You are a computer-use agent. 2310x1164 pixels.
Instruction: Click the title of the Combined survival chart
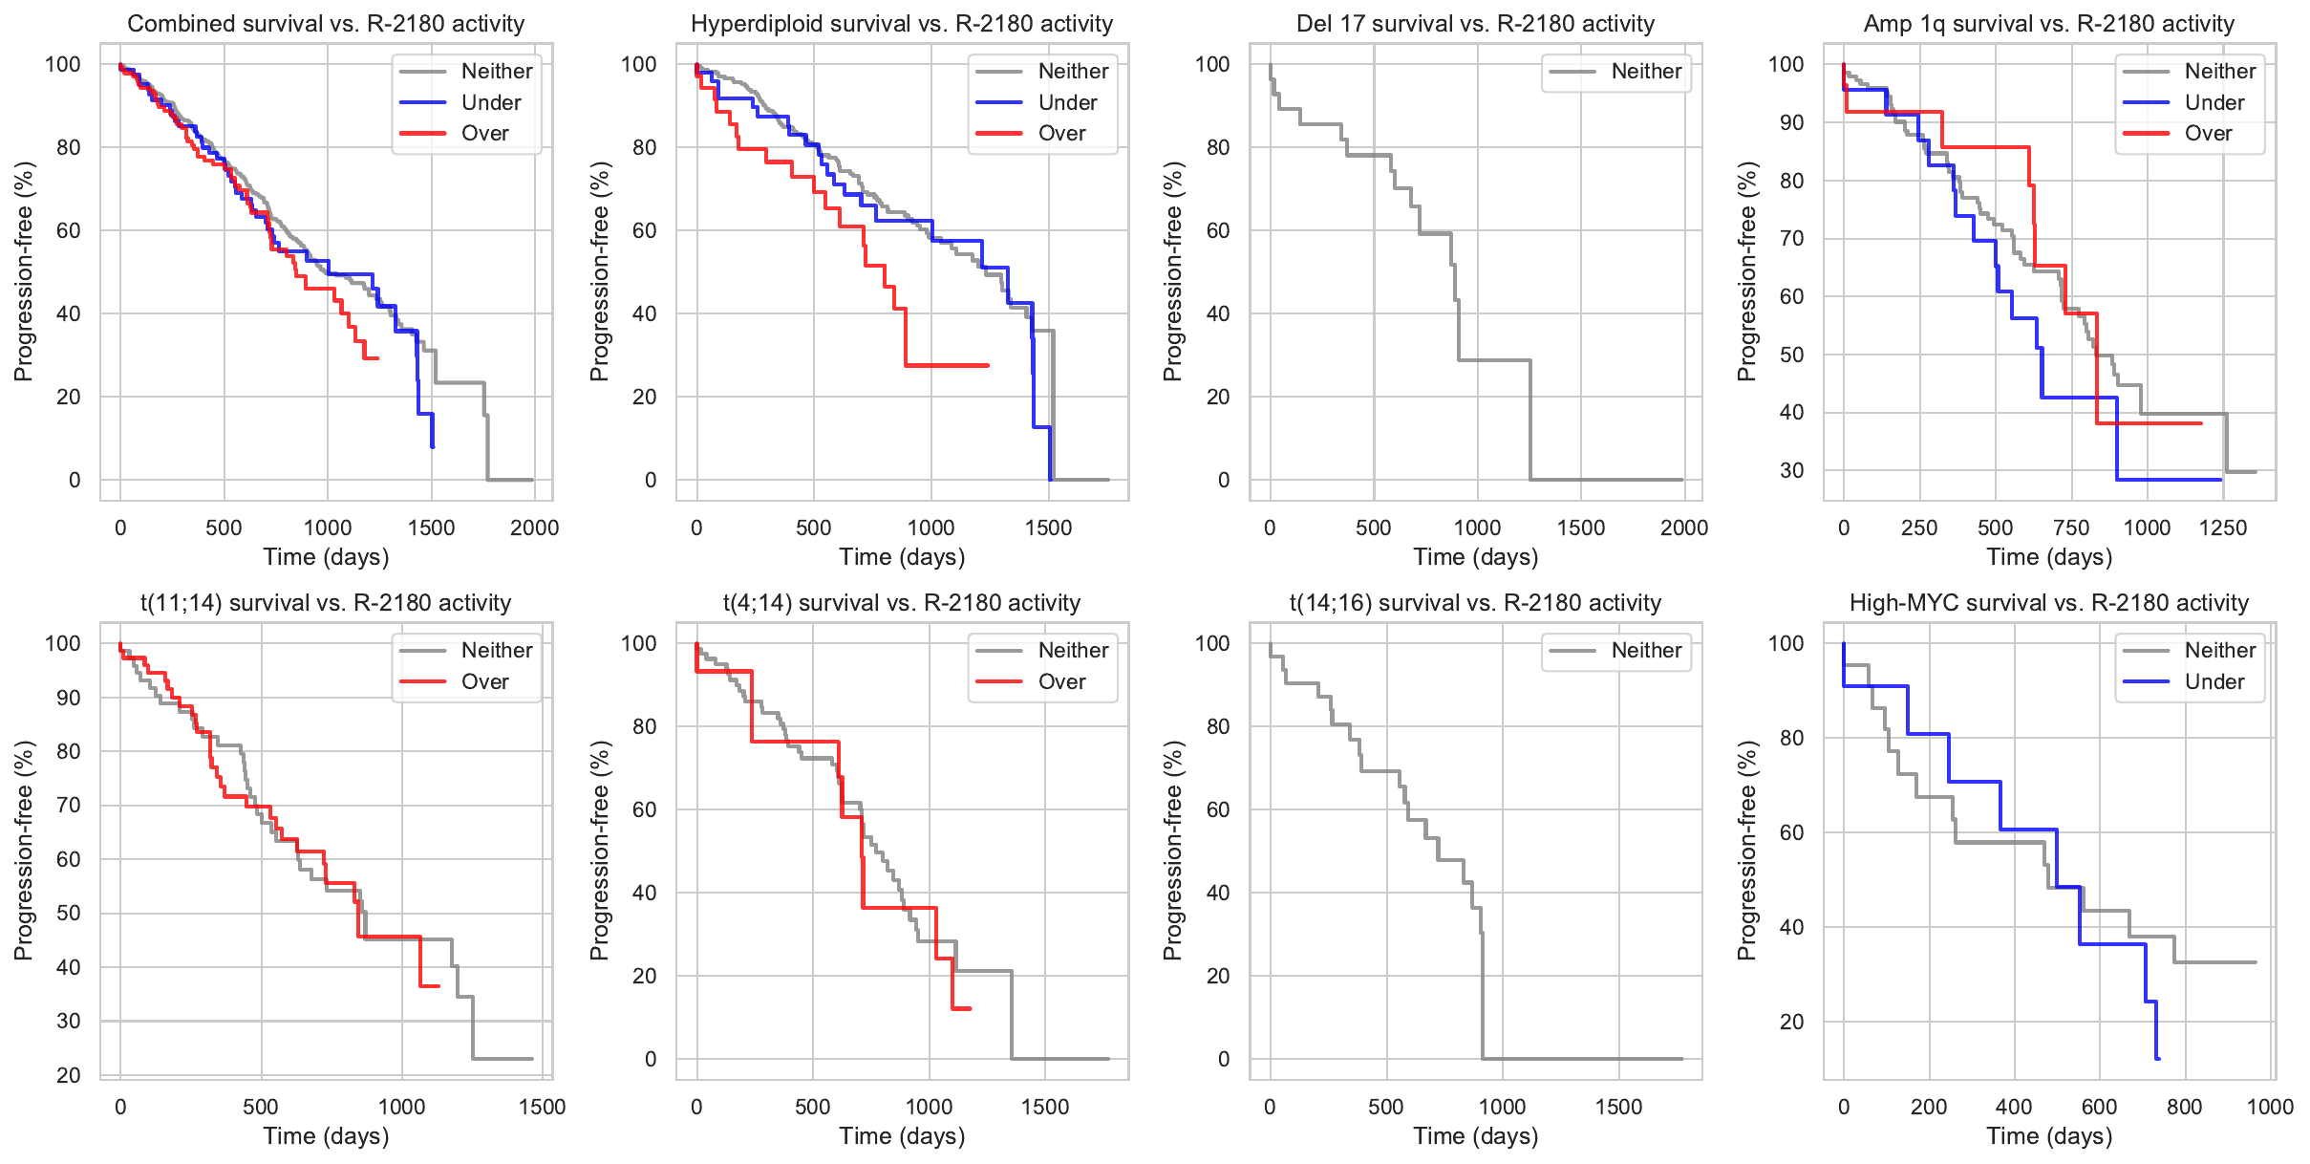326,24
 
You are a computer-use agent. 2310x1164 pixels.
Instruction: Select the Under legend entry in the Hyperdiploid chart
1066,102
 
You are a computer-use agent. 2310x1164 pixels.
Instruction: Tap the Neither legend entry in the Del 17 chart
1645,72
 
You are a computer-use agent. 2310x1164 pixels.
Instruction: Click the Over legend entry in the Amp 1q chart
2207,134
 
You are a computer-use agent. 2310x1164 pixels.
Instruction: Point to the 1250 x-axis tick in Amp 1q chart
2222,528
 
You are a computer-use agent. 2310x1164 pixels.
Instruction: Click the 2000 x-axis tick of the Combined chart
534,528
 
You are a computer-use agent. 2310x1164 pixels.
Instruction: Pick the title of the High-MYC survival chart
2048,603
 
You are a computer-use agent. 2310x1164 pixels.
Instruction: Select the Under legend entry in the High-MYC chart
2214,681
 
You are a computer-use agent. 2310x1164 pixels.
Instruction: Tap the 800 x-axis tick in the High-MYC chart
2184,1108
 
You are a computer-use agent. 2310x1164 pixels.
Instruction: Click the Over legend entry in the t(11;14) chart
484,681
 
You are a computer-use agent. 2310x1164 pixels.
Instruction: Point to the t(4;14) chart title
901,603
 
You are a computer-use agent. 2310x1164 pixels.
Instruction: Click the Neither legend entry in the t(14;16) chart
1645,651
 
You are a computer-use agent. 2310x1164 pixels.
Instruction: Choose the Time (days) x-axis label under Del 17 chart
1475,557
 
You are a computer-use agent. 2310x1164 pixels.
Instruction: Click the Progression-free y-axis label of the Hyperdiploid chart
600,271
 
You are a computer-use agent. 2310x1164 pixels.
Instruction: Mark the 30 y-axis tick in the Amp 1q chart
1791,470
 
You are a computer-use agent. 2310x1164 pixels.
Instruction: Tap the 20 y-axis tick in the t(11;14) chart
69,1075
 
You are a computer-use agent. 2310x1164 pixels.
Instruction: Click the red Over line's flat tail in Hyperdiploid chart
946,365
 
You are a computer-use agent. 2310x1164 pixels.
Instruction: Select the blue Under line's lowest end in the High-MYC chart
2157,1058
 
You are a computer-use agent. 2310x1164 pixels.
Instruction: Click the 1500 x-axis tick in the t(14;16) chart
1618,1108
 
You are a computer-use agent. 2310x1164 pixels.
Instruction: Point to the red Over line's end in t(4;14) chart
970,1008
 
